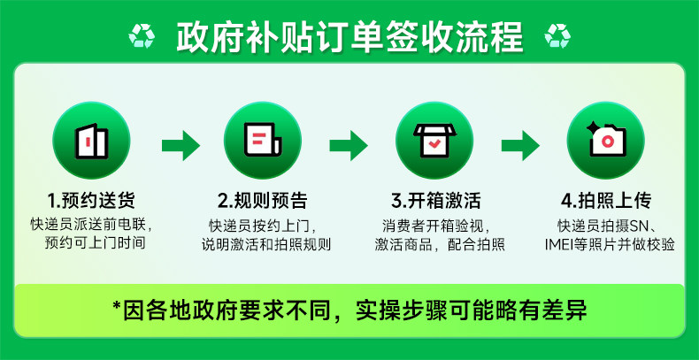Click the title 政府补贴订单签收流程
(349, 36)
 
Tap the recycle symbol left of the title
(142, 36)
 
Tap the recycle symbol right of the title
(557, 36)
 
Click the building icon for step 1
(92, 140)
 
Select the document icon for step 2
(263, 140)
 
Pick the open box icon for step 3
(435, 140)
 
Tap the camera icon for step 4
(607, 140)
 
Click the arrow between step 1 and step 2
(180, 143)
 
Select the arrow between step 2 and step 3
(349, 143)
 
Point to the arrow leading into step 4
(520, 143)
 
